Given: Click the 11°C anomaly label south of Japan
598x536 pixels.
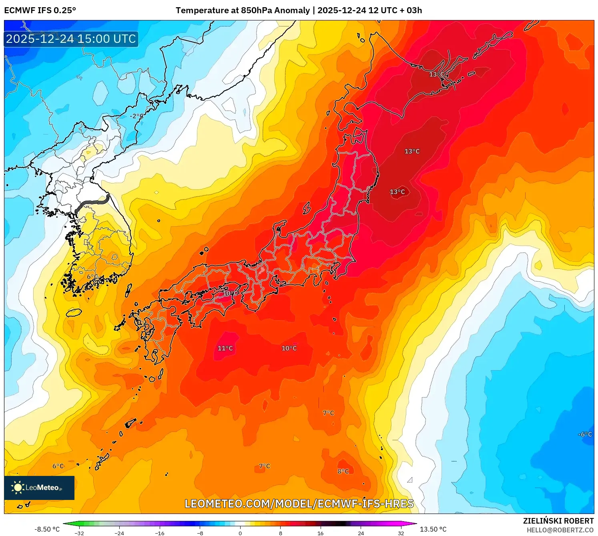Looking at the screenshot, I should [x=225, y=348].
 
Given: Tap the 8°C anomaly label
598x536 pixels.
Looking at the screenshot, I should [x=343, y=471].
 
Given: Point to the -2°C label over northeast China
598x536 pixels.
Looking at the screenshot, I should [x=136, y=116].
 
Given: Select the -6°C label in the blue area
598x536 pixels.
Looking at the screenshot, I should [x=585, y=434].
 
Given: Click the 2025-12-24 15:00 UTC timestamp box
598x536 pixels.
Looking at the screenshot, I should [x=71, y=39].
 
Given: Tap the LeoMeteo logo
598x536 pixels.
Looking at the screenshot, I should [x=39, y=488].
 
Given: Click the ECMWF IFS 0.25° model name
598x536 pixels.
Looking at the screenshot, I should [x=40, y=10].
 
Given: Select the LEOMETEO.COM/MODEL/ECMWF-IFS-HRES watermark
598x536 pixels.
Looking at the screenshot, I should [x=299, y=504].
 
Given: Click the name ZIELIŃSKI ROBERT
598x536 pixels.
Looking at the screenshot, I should [x=558, y=521].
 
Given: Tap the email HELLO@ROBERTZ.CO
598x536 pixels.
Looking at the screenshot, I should [x=560, y=530].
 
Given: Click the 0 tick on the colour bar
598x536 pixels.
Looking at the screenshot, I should [x=240, y=533].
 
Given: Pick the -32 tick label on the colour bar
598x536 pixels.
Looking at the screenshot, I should [x=79, y=533].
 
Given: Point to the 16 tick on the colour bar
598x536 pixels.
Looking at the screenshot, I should [x=320, y=533].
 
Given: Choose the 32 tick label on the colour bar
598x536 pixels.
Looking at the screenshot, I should [x=401, y=533].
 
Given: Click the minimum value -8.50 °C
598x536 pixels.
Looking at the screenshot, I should [x=47, y=529].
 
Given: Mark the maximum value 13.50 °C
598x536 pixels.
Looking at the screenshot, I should [x=433, y=529].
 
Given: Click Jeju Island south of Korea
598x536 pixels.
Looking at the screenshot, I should [x=74, y=312].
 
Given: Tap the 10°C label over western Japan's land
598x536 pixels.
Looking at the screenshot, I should [x=230, y=293].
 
